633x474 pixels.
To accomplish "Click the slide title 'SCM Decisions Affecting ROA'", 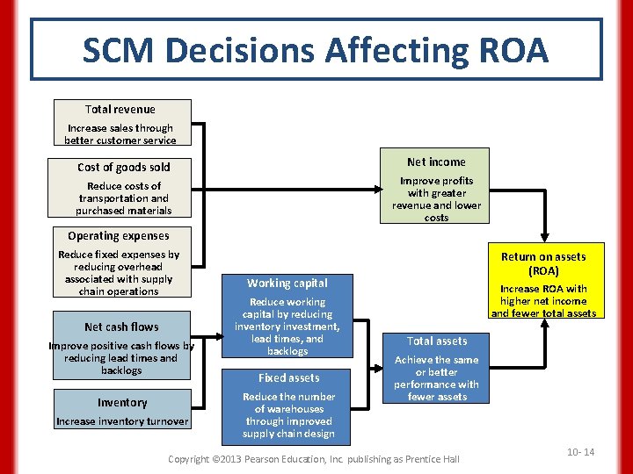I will tap(316, 50).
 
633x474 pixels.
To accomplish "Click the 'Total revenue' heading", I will tap(120, 110).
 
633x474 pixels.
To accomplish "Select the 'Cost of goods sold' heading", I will tap(124, 167).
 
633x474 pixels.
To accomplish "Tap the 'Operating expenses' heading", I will tap(119, 235).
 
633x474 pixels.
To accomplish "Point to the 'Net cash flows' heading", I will tap(121, 327).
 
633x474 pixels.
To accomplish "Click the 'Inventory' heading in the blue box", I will tap(122, 402).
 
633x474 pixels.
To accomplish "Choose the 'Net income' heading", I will tap(436, 162).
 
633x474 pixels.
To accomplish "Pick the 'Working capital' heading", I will tap(287, 283).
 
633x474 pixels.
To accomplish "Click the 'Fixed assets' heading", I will tap(288, 377).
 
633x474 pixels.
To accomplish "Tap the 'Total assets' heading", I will tap(437, 341).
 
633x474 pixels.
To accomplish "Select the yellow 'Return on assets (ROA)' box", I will tap(542, 281).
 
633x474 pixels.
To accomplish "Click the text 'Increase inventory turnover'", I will tap(122, 421).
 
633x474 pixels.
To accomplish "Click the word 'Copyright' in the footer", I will tap(188, 459).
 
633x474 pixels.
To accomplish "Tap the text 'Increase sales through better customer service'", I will tap(120, 134).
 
